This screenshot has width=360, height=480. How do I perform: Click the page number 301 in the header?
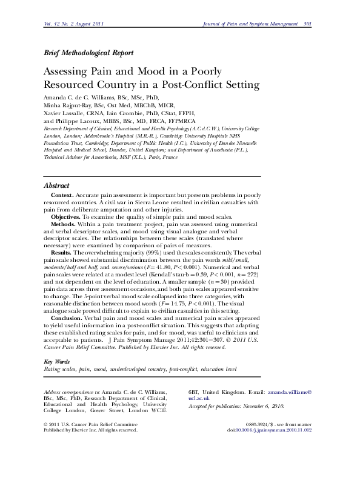[307, 24]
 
